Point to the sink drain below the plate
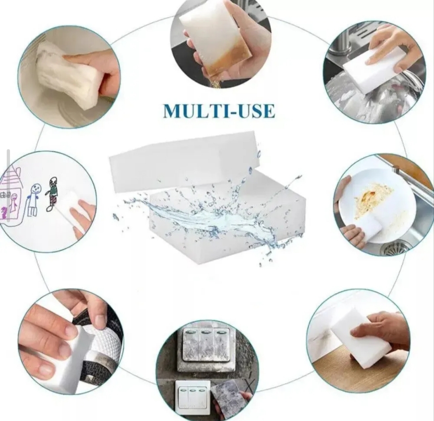click(396, 247)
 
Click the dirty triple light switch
click(206, 350)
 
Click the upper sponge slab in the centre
click(184, 160)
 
